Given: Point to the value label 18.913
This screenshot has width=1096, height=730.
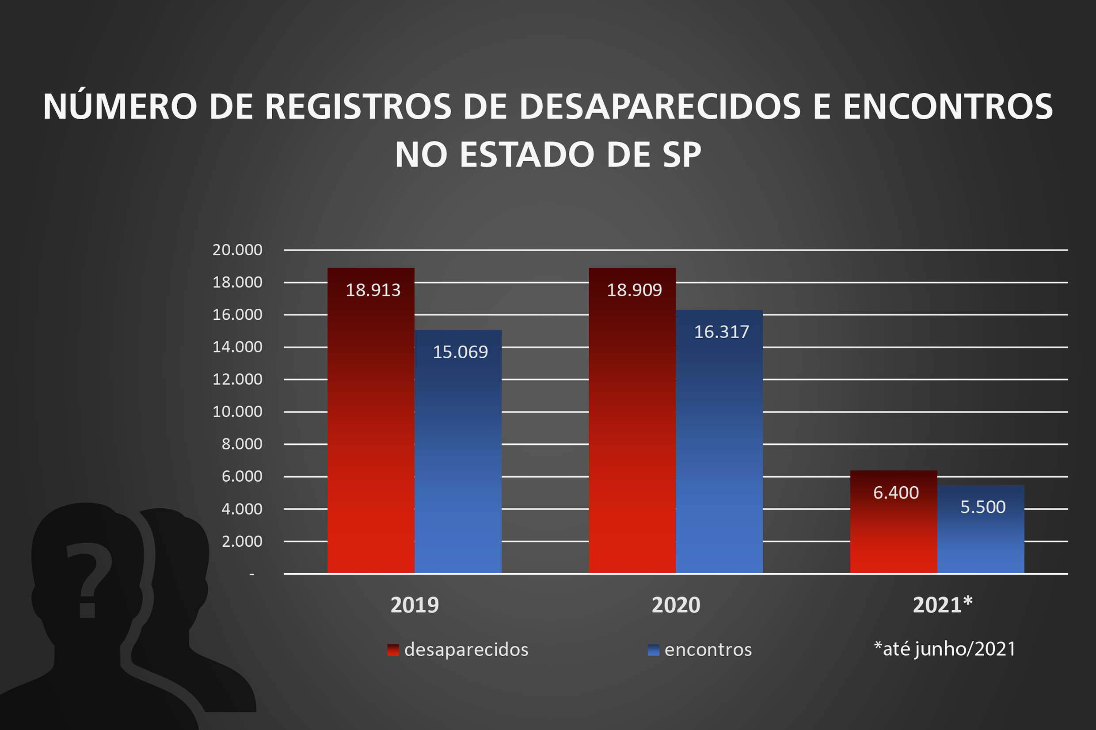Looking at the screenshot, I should point(373,290).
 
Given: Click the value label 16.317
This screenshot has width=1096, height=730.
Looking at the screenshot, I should point(722,332).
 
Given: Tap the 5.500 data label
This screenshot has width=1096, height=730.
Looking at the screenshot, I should point(983,507).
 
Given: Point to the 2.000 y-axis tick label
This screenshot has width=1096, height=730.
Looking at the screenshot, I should point(242,541).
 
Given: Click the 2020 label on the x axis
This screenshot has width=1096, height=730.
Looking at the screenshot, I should point(675,605).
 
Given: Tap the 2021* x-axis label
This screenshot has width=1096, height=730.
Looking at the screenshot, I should point(942,605).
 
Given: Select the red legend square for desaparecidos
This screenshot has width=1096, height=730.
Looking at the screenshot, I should point(392,650).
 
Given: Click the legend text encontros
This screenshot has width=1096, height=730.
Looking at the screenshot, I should point(708,650).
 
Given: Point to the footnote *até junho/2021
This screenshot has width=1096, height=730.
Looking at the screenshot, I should point(944,649).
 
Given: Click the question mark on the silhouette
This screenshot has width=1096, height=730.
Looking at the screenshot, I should point(88,579).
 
